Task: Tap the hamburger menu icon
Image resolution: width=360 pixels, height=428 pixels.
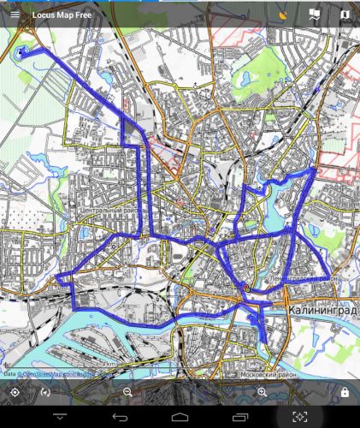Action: (x=15, y=15)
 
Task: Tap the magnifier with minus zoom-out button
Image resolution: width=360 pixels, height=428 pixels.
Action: (x=127, y=392)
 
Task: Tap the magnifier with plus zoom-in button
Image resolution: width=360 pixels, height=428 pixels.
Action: (x=263, y=392)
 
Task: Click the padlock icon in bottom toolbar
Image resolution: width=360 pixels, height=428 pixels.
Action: (x=344, y=392)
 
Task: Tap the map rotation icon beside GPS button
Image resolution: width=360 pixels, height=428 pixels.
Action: (x=45, y=392)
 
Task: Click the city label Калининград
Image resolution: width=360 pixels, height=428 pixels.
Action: (x=322, y=309)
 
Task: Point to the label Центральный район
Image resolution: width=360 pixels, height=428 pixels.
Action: (x=108, y=209)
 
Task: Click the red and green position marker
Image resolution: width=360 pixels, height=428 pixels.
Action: (x=245, y=288)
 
